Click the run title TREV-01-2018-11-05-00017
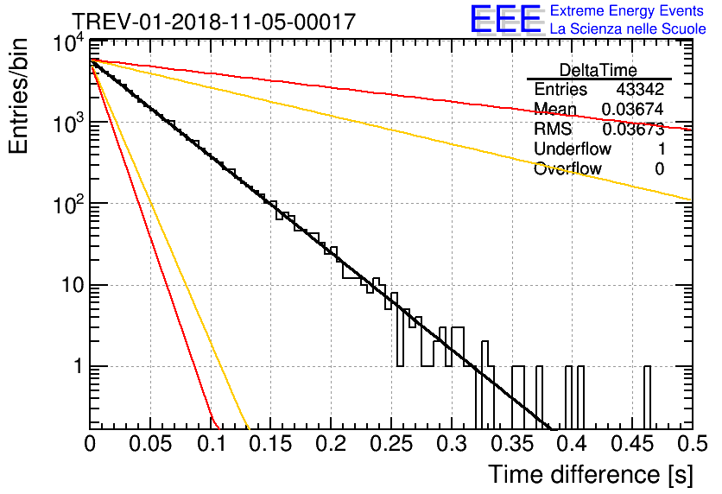point(212,22)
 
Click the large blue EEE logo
point(505,20)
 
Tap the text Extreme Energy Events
point(627,11)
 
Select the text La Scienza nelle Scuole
point(628,29)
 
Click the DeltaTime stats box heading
point(598,70)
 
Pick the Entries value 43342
point(640,89)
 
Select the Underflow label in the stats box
point(573,149)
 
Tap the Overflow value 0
point(659,168)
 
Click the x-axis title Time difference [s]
point(589,474)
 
